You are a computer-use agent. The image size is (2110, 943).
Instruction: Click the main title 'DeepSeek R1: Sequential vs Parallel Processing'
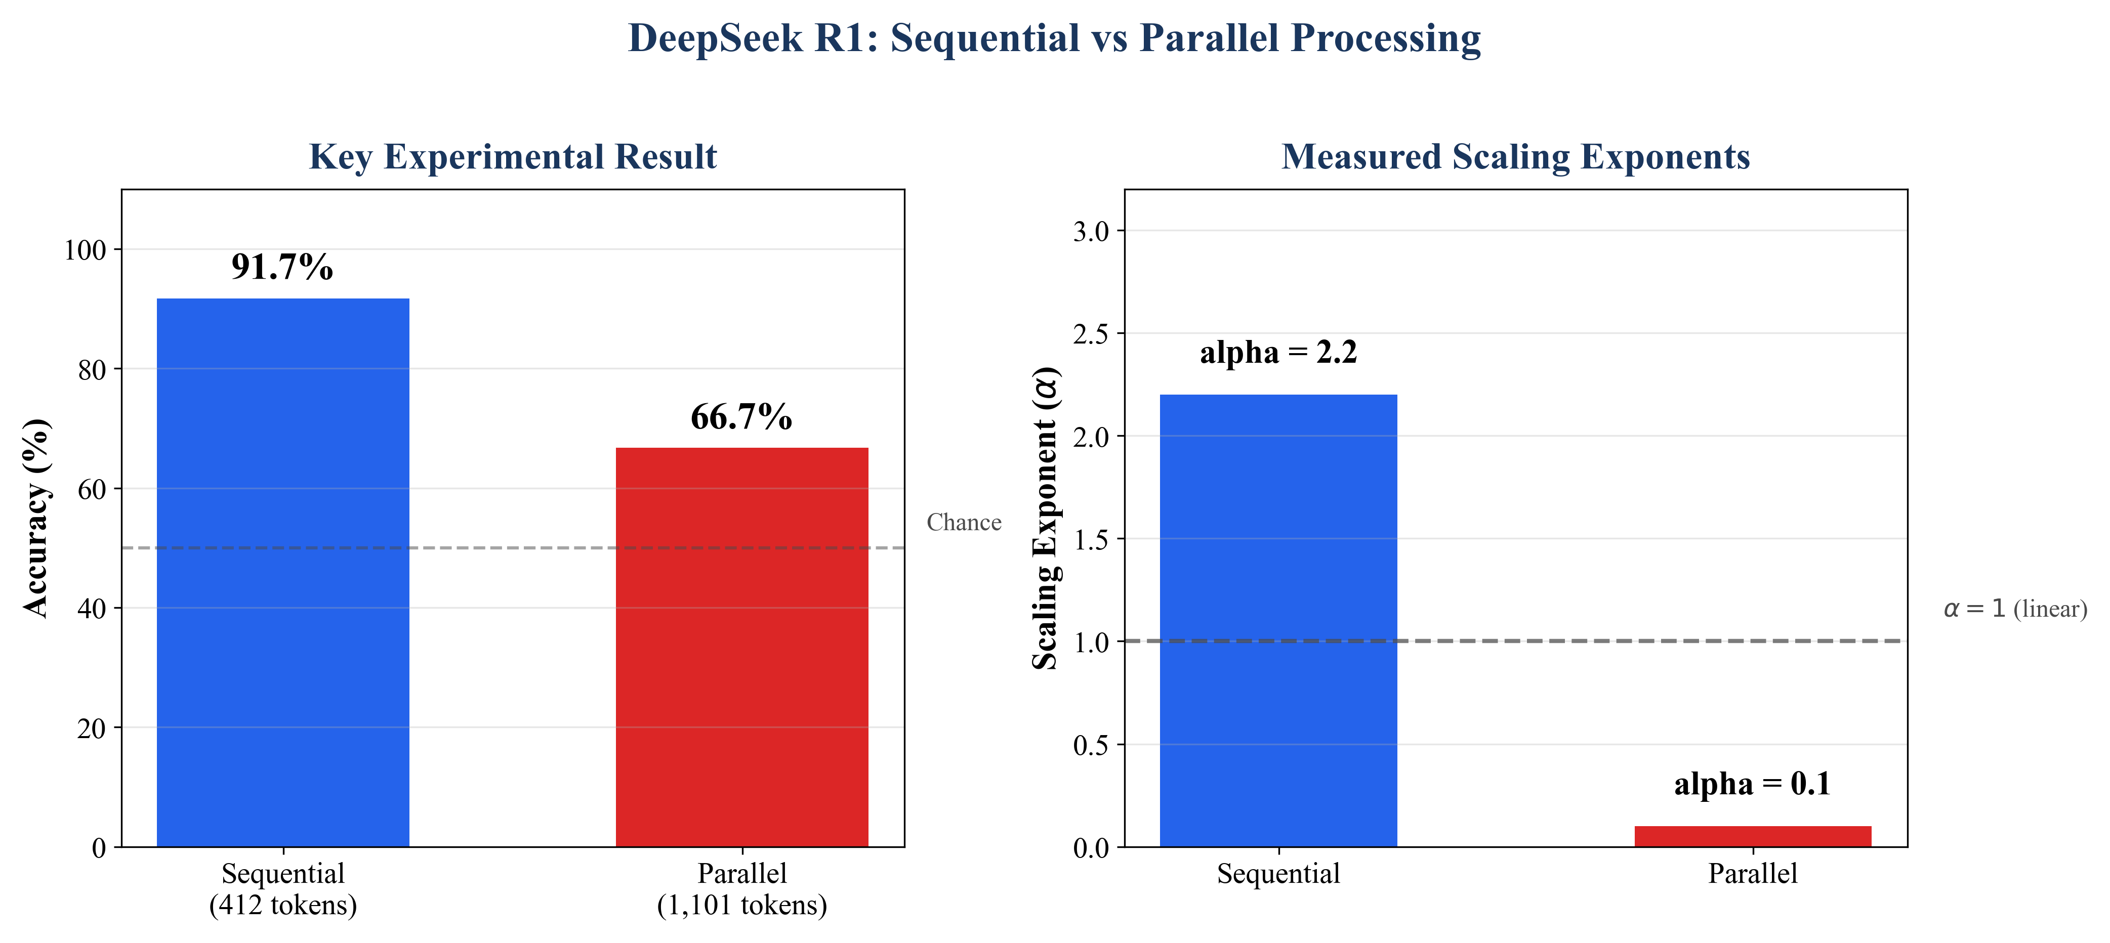(x=1054, y=38)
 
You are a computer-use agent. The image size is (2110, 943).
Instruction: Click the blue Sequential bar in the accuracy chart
(x=282, y=573)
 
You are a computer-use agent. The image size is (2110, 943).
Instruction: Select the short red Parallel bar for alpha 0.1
(x=1752, y=836)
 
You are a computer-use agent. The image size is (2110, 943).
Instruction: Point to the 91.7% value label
(x=282, y=267)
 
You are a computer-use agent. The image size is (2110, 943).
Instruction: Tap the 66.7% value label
(x=741, y=417)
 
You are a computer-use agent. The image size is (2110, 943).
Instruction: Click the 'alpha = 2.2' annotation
(x=1278, y=352)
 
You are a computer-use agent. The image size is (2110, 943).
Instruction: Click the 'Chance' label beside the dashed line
(x=963, y=522)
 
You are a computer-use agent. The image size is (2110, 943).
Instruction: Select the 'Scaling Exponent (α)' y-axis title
(x=1045, y=518)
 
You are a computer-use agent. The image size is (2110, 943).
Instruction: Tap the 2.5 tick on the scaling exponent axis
(x=1090, y=334)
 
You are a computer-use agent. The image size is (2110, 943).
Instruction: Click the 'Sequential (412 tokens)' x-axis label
(x=282, y=889)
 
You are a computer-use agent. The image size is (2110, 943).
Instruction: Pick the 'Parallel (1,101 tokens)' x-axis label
(x=741, y=889)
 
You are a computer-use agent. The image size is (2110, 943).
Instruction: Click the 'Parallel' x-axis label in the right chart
(x=1752, y=873)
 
